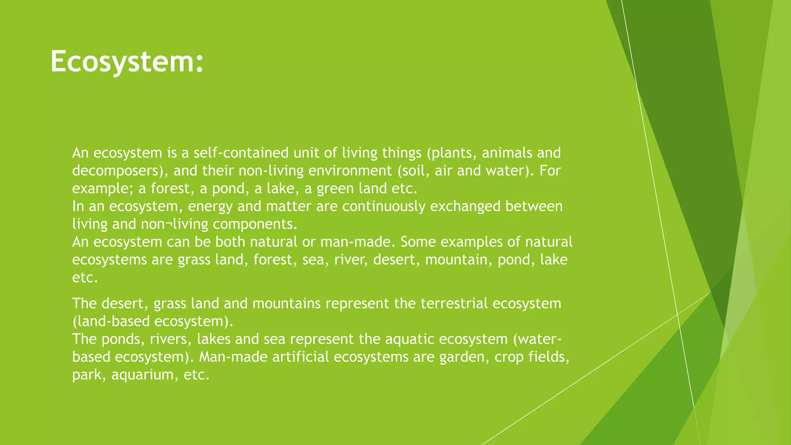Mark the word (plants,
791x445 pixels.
pyautogui.click(x=451, y=153)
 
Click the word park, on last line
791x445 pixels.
pyautogui.click(x=89, y=375)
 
